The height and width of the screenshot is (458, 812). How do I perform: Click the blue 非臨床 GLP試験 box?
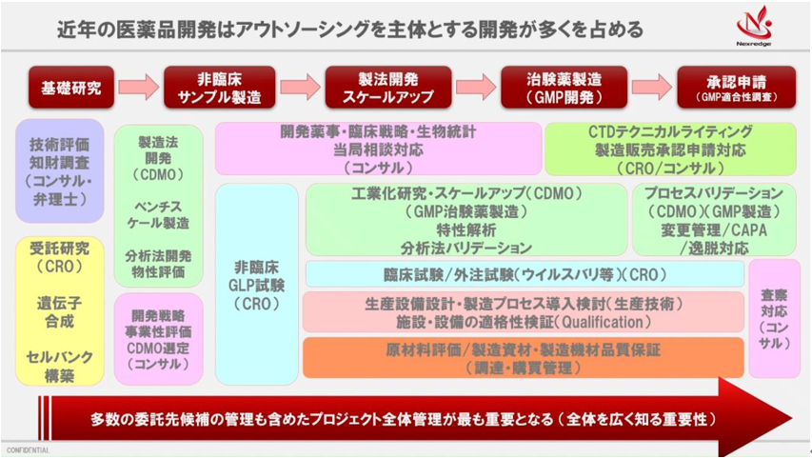click(x=256, y=274)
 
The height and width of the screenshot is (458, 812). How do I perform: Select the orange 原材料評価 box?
click(x=524, y=357)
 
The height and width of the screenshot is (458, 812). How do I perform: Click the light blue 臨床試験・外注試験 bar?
click(x=524, y=275)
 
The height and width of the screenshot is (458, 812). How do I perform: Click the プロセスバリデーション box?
click(x=713, y=220)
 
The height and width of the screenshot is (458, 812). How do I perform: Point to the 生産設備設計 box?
click(x=524, y=312)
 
